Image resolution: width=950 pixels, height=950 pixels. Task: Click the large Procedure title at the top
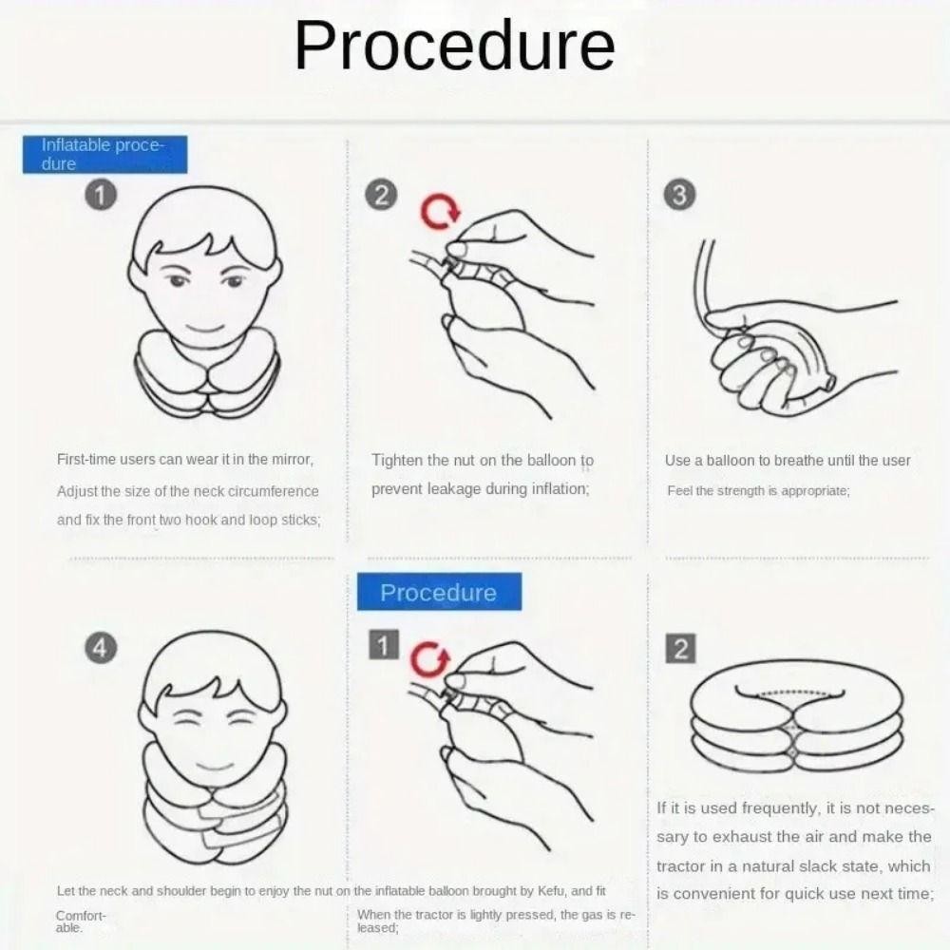[x=454, y=46]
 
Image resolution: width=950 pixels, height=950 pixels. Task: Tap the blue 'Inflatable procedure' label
[x=104, y=155]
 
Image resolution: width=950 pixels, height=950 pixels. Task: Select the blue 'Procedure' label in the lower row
[x=439, y=592]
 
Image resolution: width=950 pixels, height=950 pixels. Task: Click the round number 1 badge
[x=101, y=196]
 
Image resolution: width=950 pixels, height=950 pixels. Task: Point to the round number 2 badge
[x=381, y=196]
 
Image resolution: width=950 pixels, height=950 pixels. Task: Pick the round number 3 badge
[x=679, y=196]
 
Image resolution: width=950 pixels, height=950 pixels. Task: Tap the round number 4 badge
[x=101, y=649]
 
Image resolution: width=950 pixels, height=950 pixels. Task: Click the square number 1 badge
[x=384, y=645]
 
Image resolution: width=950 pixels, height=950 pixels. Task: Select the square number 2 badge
[x=680, y=649]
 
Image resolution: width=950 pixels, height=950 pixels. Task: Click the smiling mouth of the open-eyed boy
[x=205, y=330]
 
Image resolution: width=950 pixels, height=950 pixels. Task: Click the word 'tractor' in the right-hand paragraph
[x=678, y=865]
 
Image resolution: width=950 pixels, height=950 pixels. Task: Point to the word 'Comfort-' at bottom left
[x=81, y=916]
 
